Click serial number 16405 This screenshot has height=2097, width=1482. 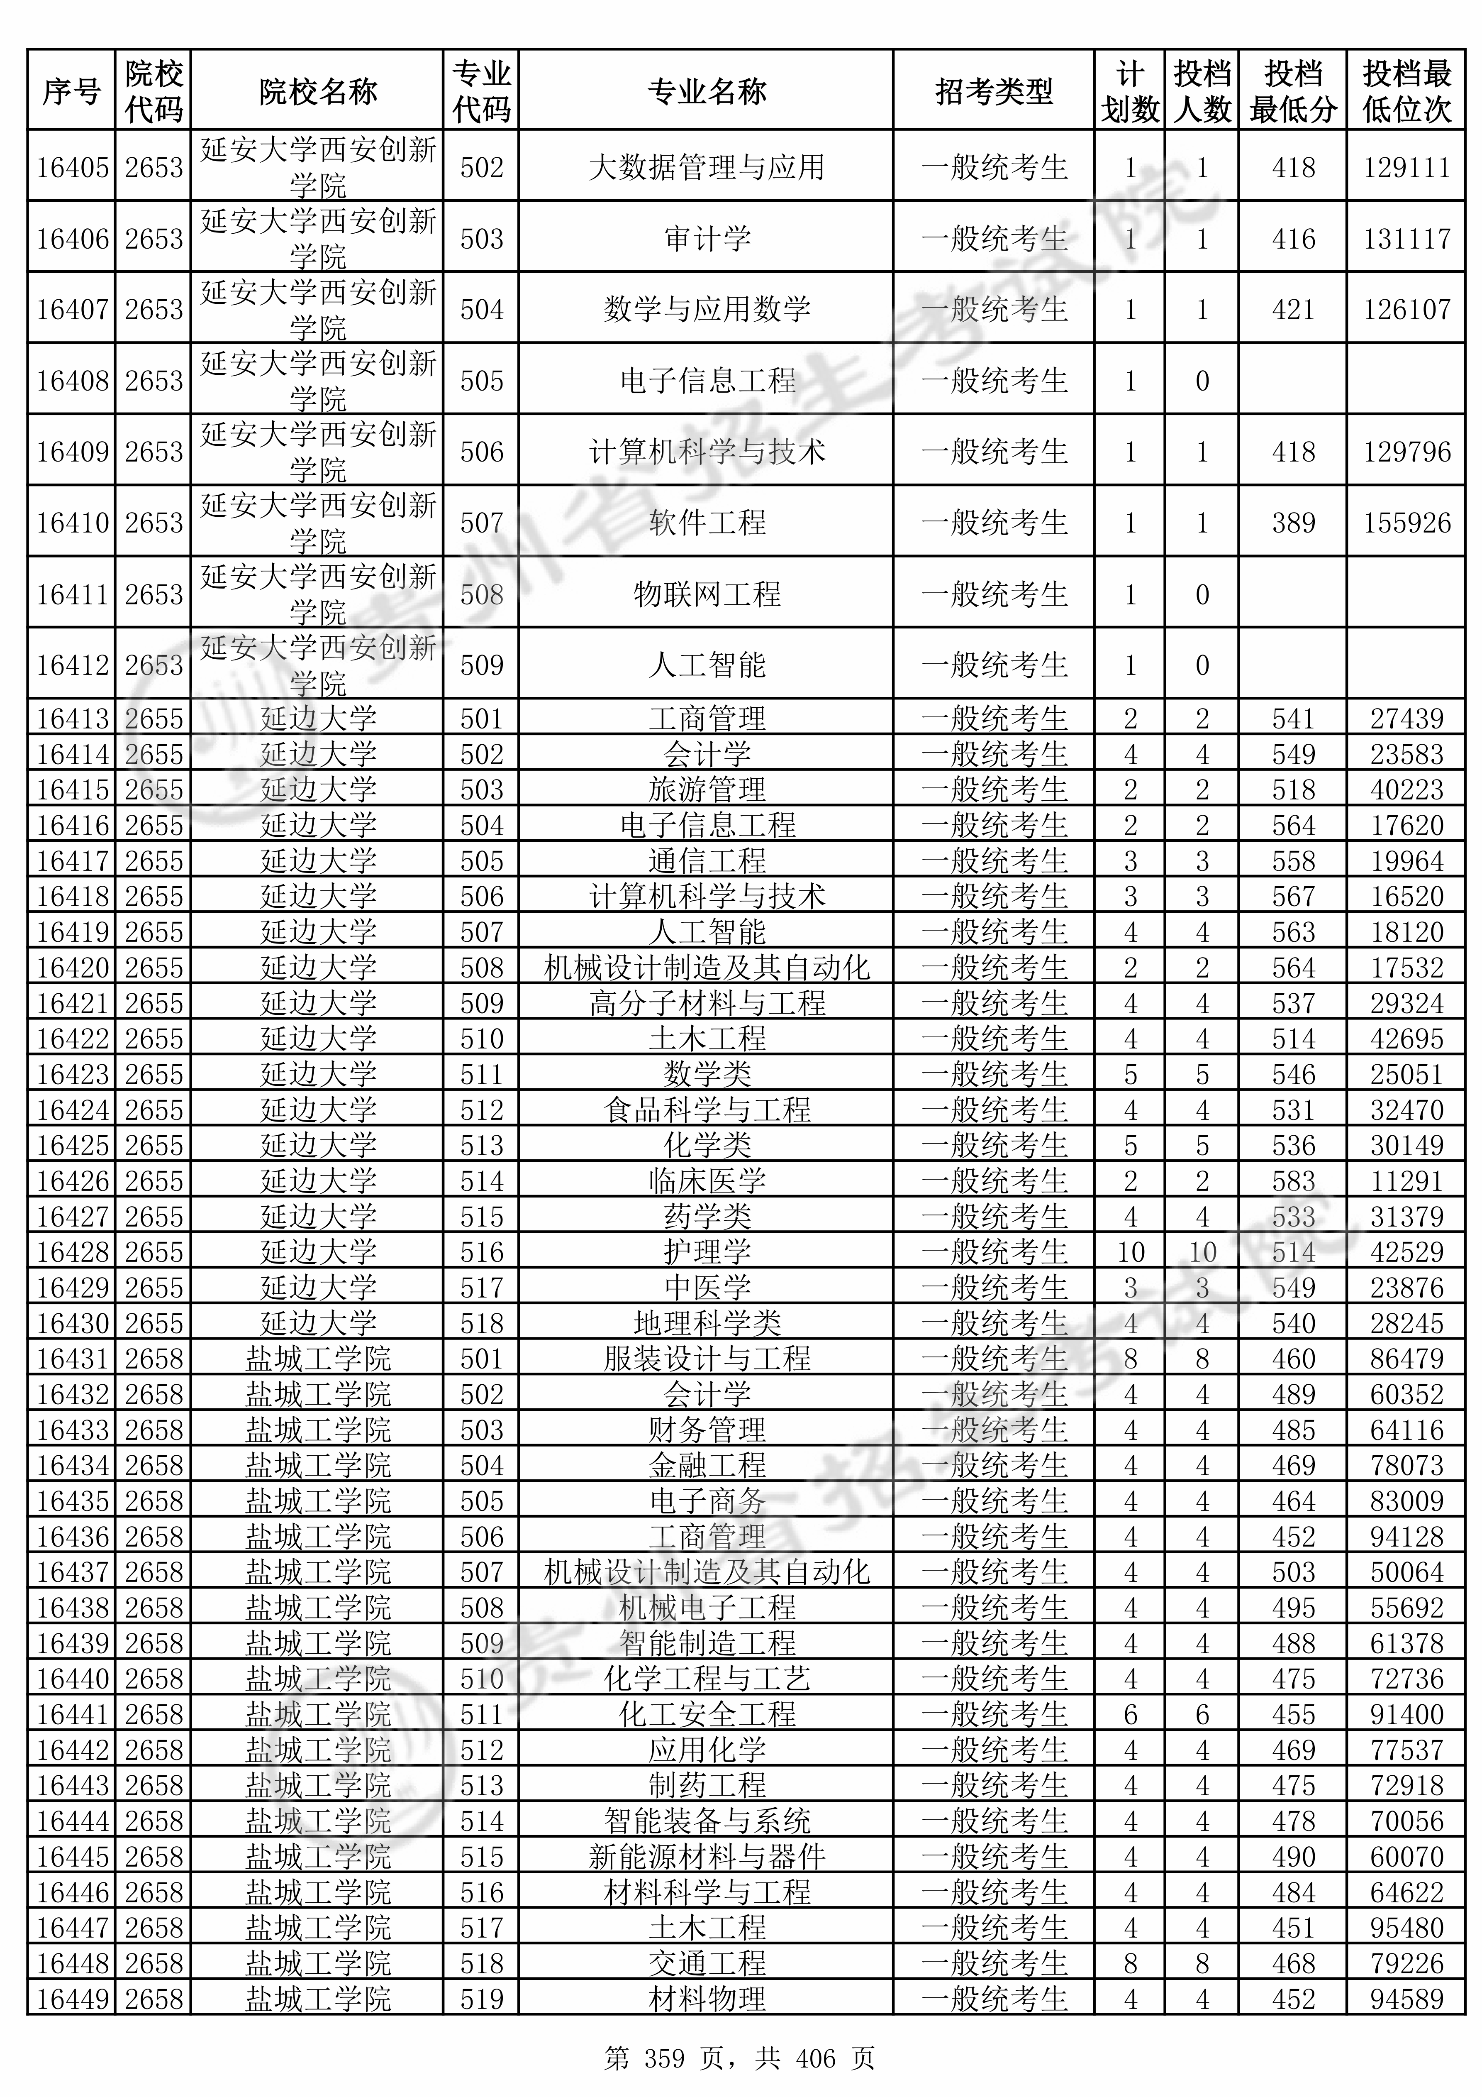[72, 167]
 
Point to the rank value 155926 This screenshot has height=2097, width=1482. [1406, 523]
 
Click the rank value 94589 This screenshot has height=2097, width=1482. [1406, 1998]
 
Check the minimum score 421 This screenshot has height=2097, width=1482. [1293, 310]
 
